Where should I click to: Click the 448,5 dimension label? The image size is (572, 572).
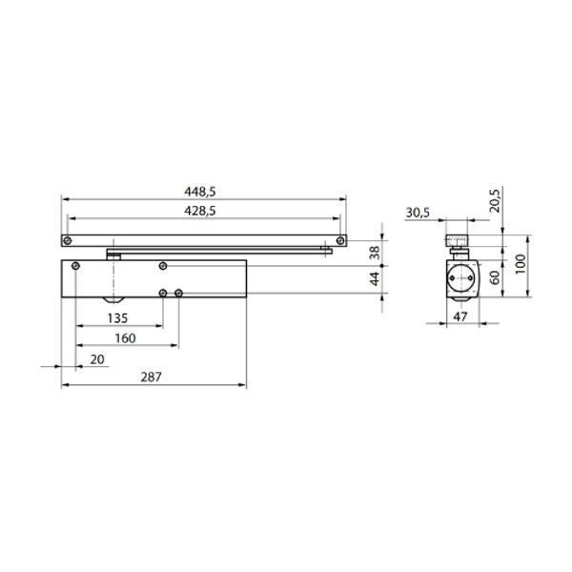click(200, 192)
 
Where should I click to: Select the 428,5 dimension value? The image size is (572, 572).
click(200, 211)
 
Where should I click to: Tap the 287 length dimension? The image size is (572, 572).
click(151, 377)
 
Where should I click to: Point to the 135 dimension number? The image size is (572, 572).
click(117, 318)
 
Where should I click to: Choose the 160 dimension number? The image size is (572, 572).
click(125, 338)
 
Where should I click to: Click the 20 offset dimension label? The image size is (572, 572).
click(97, 359)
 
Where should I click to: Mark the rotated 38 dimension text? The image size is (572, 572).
click(375, 253)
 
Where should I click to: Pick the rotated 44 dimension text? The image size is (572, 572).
click(375, 279)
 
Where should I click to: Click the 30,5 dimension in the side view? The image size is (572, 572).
click(418, 213)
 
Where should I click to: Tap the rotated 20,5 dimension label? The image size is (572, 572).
click(495, 200)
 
